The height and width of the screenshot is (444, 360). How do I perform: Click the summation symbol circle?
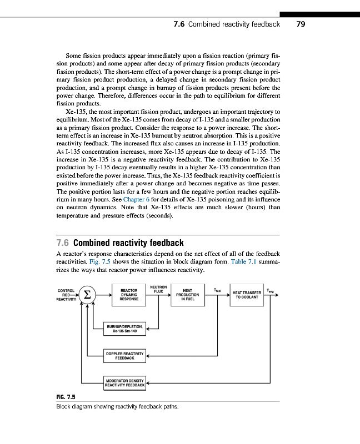(86, 295)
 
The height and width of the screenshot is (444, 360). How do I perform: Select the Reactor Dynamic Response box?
(129, 295)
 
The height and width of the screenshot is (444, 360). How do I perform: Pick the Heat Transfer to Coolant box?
(247, 295)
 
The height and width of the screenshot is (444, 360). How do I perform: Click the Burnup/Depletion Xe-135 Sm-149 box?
(125, 329)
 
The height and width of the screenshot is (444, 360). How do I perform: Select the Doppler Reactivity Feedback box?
(125, 355)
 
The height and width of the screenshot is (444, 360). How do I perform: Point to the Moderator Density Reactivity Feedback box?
(125, 382)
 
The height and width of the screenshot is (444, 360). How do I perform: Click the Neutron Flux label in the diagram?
(158, 289)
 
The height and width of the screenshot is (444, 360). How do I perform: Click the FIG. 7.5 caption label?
(66, 397)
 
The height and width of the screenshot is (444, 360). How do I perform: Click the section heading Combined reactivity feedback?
(128, 243)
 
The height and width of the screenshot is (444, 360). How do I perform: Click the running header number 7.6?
(179, 24)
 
